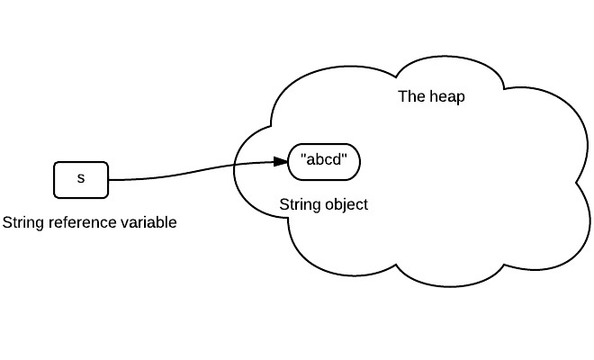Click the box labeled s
point(80,179)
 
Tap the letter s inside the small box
point(80,178)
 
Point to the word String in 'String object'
point(299,204)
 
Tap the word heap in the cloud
point(447,96)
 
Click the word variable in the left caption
point(147,222)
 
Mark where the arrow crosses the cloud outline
point(236,166)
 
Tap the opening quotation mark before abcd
point(302,158)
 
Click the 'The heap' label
point(431,96)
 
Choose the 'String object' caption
point(323,204)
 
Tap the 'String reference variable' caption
point(90,222)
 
